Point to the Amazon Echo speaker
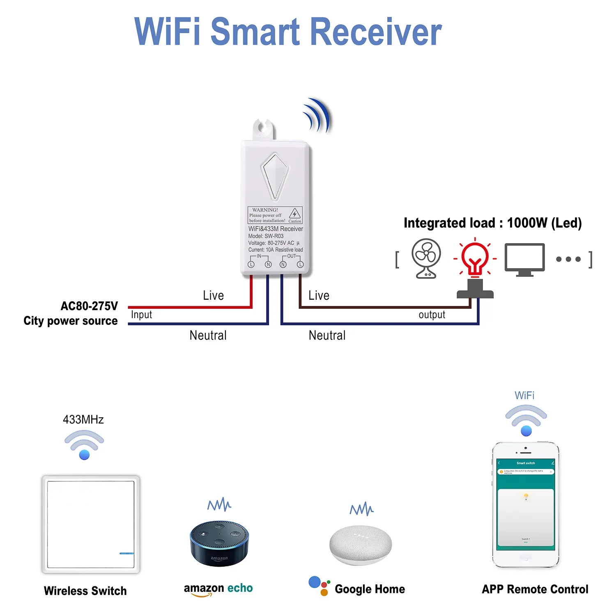(x=219, y=543)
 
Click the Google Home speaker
(x=361, y=545)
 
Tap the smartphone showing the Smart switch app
(x=526, y=505)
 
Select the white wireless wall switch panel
(x=91, y=524)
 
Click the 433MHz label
(x=83, y=419)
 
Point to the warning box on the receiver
(x=275, y=215)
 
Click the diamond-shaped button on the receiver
(x=275, y=176)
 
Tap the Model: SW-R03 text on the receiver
(x=266, y=236)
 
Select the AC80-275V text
(x=89, y=306)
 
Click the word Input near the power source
(x=141, y=315)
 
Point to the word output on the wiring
(x=432, y=315)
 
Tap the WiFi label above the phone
(x=524, y=395)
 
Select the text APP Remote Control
(x=535, y=589)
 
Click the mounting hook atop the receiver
(x=263, y=129)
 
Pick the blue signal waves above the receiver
(x=317, y=115)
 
